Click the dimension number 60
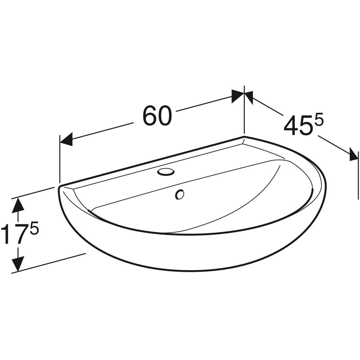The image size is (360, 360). pos(157,115)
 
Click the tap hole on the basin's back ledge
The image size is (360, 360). pos(166,172)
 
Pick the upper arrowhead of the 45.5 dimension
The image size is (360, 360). pos(249,97)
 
